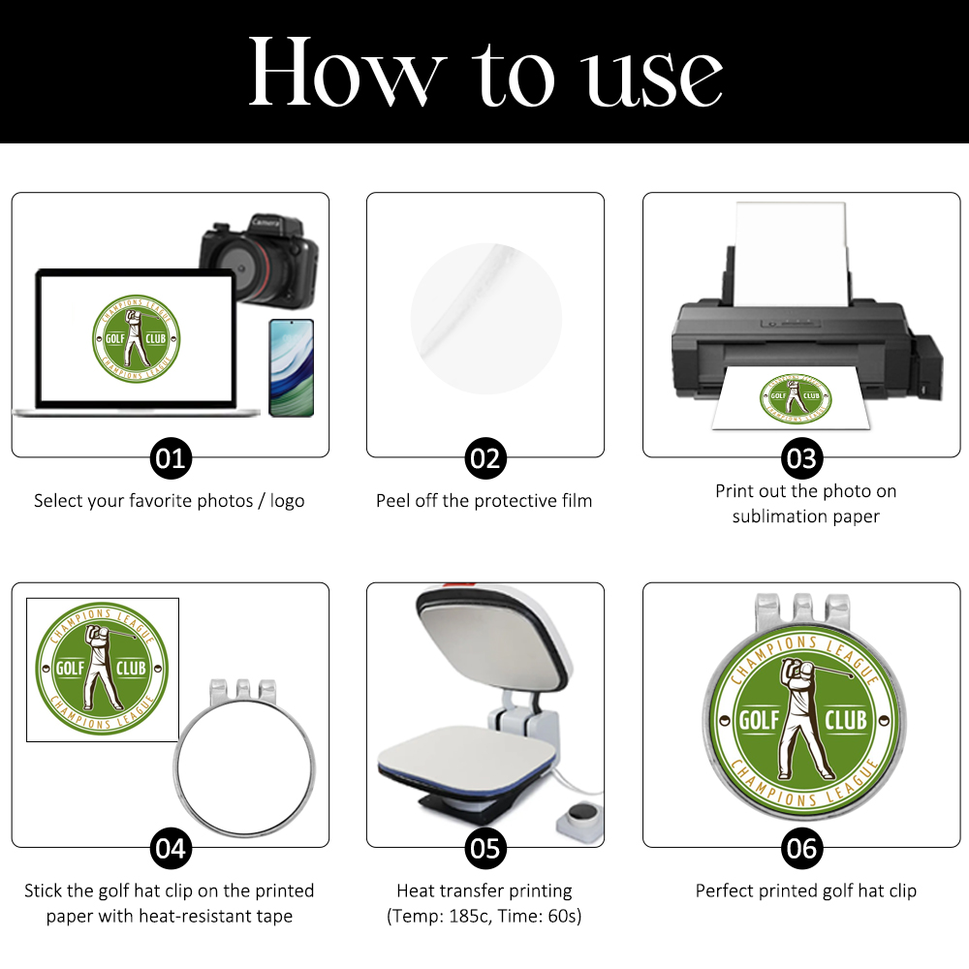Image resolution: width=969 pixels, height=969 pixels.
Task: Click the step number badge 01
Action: click(x=171, y=458)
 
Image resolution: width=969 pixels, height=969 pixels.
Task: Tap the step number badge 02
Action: click(x=485, y=458)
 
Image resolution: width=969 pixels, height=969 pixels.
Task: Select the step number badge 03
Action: click(x=801, y=458)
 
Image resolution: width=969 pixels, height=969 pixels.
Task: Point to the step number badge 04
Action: click(x=171, y=849)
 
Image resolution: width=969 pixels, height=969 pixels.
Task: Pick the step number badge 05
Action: click(x=485, y=849)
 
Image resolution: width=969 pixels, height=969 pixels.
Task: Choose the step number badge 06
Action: click(x=801, y=849)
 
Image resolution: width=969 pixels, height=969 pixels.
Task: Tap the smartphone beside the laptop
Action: click(x=292, y=367)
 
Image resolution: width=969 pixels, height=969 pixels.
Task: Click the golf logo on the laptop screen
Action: click(x=136, y=338)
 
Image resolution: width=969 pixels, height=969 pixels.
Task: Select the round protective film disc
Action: click(x=485, y=318)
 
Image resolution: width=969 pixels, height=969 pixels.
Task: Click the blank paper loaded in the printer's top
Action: click(x=789, y=253)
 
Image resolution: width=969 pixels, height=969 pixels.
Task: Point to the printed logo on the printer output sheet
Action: click(x=796, y=398)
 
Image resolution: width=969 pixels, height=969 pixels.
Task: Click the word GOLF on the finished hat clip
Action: click(x=760, y=720)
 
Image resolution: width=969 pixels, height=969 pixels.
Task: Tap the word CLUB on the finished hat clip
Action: click(x=846, y=720)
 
